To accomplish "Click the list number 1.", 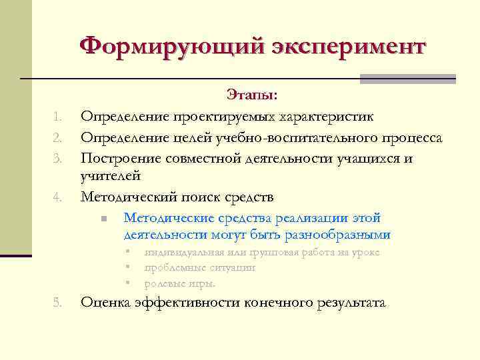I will (x=58, y=118).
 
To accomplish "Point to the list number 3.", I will (x=58, y=159).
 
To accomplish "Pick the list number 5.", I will (x=58, y=304).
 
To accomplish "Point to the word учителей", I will (x=110, y=177).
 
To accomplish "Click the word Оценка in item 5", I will (x=105, y=303).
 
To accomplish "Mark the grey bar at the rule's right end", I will (x=407, y=79).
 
